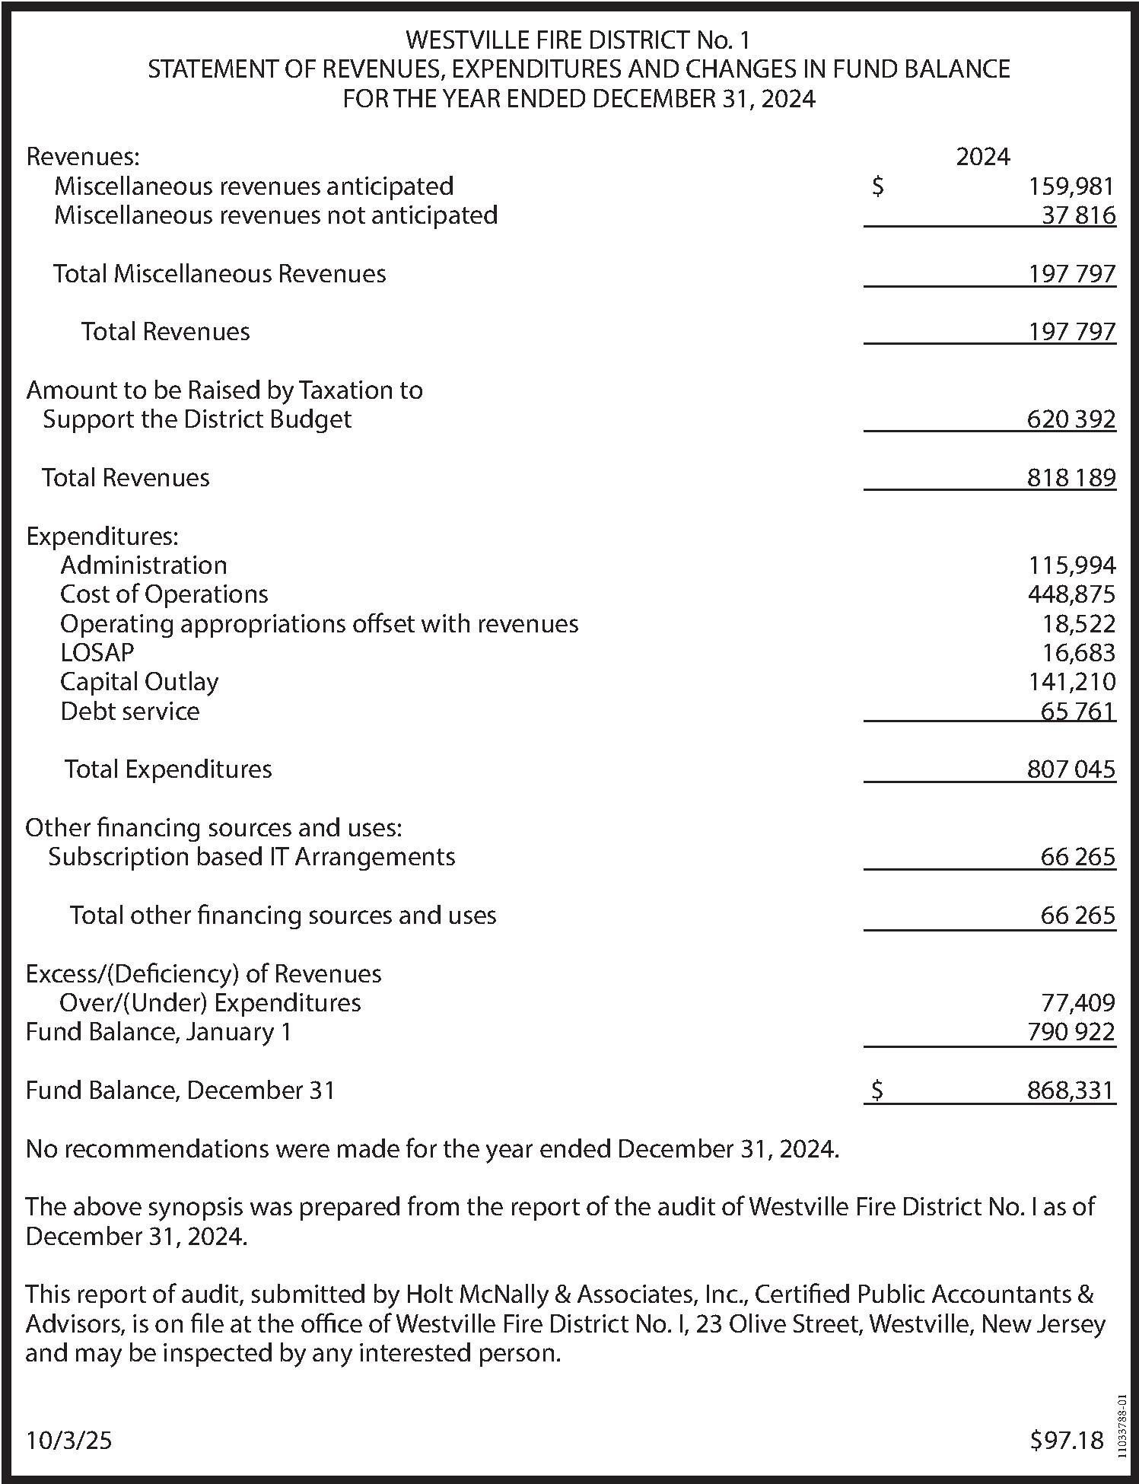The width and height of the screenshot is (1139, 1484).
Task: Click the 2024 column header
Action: [x=982, y=157]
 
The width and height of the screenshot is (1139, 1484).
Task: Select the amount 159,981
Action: [x=1071, y=186]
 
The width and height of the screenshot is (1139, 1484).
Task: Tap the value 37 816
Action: [x=1078, y=215]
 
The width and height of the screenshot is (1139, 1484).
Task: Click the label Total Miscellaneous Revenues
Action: [x=219, y=274]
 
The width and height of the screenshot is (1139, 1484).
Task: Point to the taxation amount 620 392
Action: [x=1071, y=419]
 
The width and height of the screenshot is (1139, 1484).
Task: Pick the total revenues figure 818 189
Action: [x=1071, y=478]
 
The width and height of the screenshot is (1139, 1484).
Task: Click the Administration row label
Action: [x=143, y=565]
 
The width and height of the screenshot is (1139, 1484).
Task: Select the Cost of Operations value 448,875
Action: [x=1071, y=594]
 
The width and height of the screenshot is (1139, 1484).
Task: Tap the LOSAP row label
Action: [x=97, y=653]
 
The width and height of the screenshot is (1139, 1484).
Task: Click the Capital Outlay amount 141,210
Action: [x=1071, y=682]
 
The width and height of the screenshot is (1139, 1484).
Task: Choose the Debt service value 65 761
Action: [x=1077, y=712]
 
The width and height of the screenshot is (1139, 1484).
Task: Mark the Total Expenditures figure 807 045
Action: [x=1071, y=769]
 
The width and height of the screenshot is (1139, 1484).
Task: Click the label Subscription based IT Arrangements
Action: [x=252, y=857]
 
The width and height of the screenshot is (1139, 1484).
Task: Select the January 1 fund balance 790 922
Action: [x=1071, y=1033]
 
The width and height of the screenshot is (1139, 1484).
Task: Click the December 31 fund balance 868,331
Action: [x=1070, y=1091]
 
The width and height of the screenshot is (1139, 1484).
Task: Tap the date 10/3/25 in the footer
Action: [x=68, y=1441]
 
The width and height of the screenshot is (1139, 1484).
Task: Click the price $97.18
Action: [x=1066, y=1441]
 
